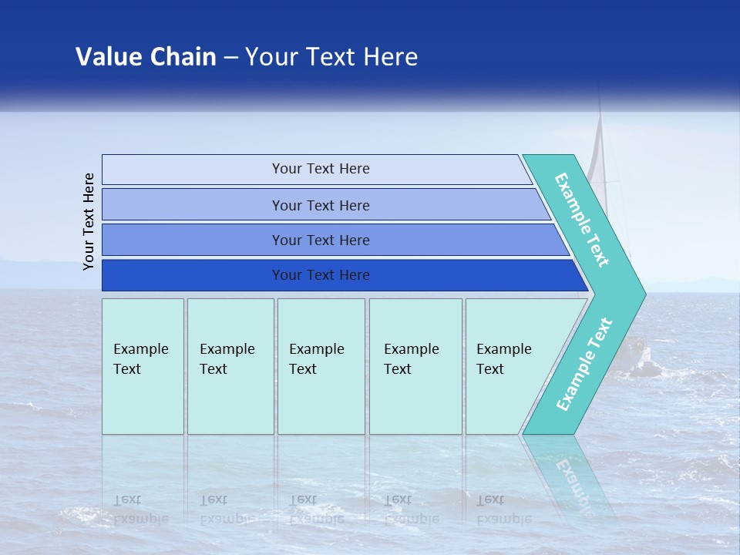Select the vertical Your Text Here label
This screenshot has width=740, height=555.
tap(89, 221)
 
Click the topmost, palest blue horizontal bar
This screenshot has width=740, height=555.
tap(320, 169)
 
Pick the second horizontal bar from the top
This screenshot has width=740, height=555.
tap(320, 205)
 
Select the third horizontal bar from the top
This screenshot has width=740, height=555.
tap(320, 240)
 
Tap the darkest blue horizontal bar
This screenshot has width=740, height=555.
tap(320, 275)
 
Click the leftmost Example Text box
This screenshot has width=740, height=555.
tap(143, 366)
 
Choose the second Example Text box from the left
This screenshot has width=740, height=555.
tap(230, 366)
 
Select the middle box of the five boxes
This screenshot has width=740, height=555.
tap(321, 366)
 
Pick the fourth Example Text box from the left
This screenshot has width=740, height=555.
tap(415, 366)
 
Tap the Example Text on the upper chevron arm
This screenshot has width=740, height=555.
tap(583, 219)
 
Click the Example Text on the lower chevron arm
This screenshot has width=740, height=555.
tap(584, 365)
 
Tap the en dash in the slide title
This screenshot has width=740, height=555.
tap(230, 58)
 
